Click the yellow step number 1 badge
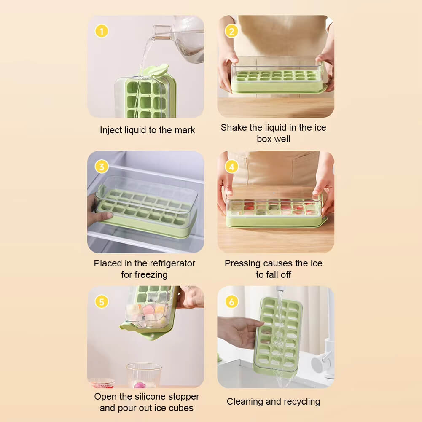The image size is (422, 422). pos(102,31)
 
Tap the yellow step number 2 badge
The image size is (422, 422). pos(231,31)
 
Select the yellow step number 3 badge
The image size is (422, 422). pos(102,167)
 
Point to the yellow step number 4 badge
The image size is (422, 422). pos(231,167)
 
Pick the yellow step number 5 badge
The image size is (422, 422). pos(102,302)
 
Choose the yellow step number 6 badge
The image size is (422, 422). pos(231,302)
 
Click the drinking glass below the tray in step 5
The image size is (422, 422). pos(144,376)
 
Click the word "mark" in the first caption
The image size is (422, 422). pos(185,130)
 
